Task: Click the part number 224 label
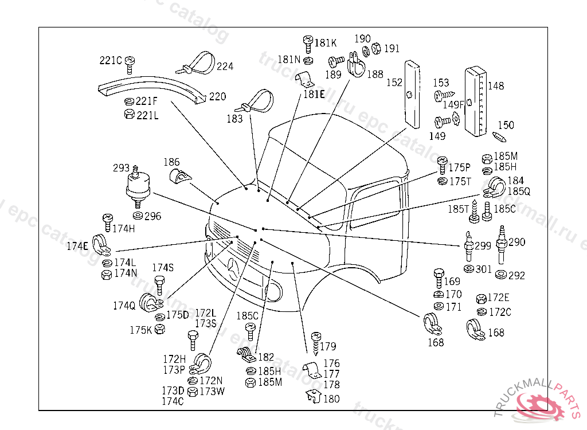(x=225, y=67)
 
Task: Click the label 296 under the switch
(x=152, y=216)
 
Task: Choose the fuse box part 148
(x=475, y=101)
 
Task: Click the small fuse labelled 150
(x=499, y=136)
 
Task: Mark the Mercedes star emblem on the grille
(x=234, y=268)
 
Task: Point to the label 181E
(x=314, y=95)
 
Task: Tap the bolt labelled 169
(x=439, y=277)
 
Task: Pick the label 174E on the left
(x=77, y=247)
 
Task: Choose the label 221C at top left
(x=111, y=60)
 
